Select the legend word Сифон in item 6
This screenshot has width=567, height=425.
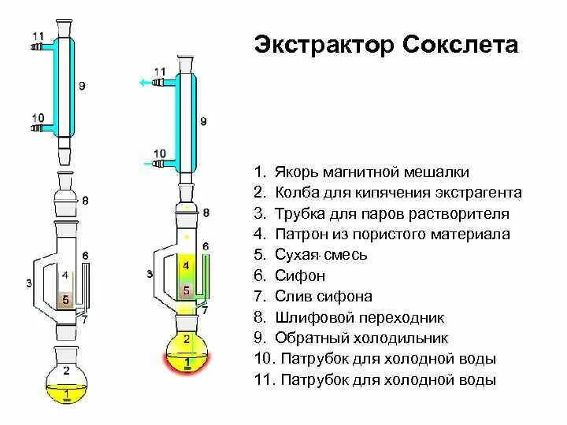[x=300, y=276]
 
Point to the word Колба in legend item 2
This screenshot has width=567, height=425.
[x=295, y=193]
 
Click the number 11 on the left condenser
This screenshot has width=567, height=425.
[x=38, y=36]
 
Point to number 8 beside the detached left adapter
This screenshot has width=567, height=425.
[x=85, y=200]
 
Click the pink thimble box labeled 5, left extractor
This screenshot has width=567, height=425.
[x=67, y=300]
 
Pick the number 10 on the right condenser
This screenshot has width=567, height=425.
[x=159, y=153]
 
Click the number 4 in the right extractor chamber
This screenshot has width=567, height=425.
[x=186, y=266]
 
